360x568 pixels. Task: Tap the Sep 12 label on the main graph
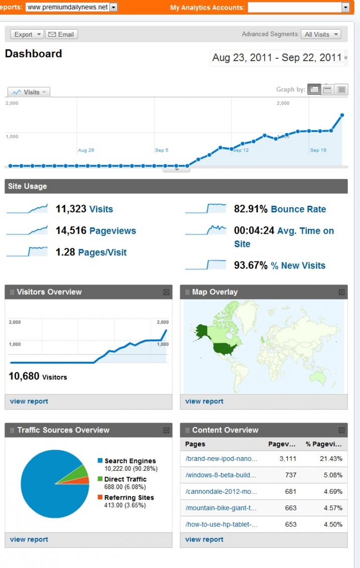[x=241, y=150]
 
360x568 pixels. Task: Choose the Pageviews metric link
[x=112, y=231]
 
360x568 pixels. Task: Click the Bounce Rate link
[x=298, y=209]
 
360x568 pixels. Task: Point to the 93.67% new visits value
[x=251, y=265]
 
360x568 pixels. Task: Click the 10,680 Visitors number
[x=24, y=376]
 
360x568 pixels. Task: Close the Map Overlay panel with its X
[x=341, y=292]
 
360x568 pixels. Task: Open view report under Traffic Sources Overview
[x=29, y=539]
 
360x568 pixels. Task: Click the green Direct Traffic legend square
[x=100, y=479]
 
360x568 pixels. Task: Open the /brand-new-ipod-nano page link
[x=221, y=459]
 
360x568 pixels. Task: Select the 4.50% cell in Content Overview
[x=333, y=524]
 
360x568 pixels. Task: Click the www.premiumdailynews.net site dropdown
[x=71, y=8]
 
